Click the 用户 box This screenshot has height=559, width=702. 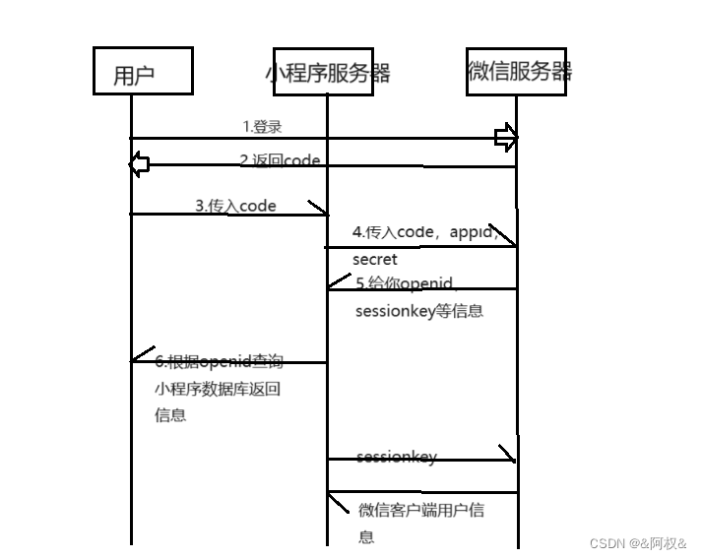tap(143, 72)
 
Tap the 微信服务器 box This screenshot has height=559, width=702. tap(518, 70)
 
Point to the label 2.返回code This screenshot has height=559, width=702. tap(280, 159)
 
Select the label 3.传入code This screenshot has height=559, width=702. tap(235, 206)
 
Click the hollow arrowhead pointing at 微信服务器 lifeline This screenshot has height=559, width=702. tap(506, 138)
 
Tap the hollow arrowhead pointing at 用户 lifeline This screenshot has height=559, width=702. tap(140, 164)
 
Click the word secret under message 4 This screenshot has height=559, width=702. tap(375, 260)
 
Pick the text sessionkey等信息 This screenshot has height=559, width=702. tap(420, 311)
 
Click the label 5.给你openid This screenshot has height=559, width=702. tap(405, 283)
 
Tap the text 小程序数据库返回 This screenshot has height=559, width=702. tap(218, 389)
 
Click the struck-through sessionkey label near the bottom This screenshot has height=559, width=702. tap(396, 458)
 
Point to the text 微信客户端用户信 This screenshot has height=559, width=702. tap(421, 511)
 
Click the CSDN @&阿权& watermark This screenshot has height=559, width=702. tap(637, 543)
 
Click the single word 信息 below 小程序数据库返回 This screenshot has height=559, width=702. tap(169, 415)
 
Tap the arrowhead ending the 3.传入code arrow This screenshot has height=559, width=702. tap(319, 209)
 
